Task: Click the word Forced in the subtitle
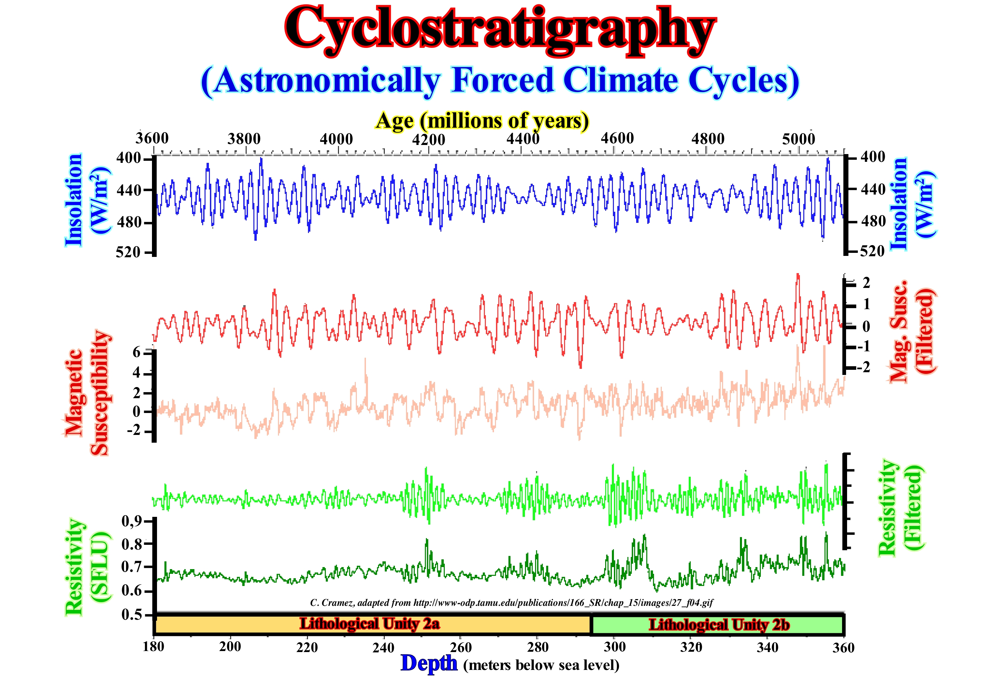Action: tap(503, 81)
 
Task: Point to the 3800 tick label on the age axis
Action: tap(244, 139)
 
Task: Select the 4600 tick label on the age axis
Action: tap(617, 138)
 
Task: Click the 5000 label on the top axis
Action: tap(799, 139)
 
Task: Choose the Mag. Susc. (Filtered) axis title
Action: tap(912, 331)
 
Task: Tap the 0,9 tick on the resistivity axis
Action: tap(132, 521)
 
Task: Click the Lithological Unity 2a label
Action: tap(369, 624)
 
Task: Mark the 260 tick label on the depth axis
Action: tap(461, 647)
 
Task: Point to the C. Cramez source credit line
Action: tap(511, 603)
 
